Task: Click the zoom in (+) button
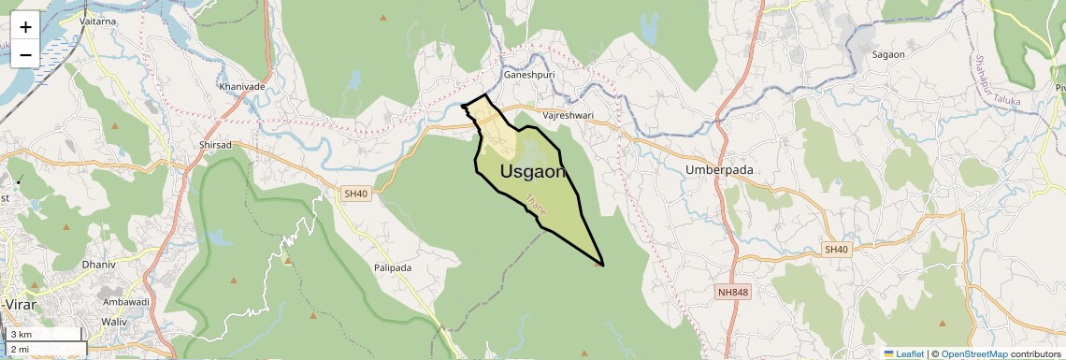pyautogui.click(x=25, y=27)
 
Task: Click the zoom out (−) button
pyautogui.click(x=25, y=54)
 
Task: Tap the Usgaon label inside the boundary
pyautogui.click(x=533, y=171)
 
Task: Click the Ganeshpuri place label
pyautogui.click(x=528, y=74)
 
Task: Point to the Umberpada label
pyautogui.click(x=719, y=170)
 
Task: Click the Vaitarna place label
pyautogui.click(x=99, y=19)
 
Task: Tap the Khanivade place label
pyautogui.click(x=242, y=86)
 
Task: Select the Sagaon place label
pyautogui.click(x=888, y=54)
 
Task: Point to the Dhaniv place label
pyautogui.click(x=98, y=265)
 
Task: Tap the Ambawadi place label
pyautogui.click(x=126, y=302)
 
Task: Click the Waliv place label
pyautogui.click(x=114, y=321)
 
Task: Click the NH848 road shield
pyautogui.click(x=733, y=293)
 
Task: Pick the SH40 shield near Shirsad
pyautogui.click(x=356, y=194)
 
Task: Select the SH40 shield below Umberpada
pyautogui.click(x=836, y=249)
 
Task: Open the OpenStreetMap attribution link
pyautogui.click(x=974, y=353)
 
